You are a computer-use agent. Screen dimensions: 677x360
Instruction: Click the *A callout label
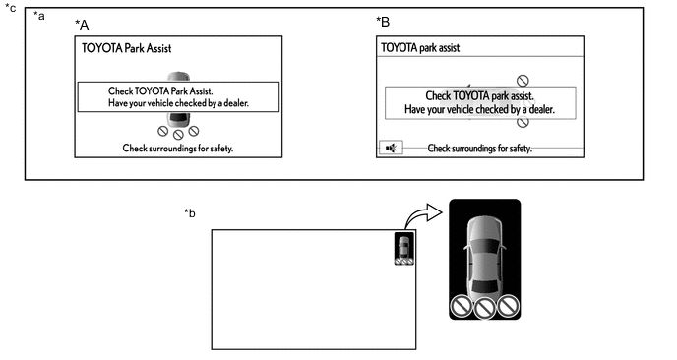tap(82, 25)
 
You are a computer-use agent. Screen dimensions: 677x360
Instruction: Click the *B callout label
tap(383, 22)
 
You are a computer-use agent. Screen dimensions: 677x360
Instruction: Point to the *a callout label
tap(38, 16)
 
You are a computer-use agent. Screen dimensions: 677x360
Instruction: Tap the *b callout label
tap(190, 213)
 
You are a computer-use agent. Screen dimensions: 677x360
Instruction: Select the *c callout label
tap(11, 8)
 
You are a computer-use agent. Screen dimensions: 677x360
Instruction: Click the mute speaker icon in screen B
tap(391, 149)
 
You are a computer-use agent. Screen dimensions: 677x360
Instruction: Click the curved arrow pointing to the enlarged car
tap(423, 215)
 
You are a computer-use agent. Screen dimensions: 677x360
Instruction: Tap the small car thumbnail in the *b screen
tap(404, 249)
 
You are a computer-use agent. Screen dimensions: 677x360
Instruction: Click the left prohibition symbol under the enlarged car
tap(462, 306)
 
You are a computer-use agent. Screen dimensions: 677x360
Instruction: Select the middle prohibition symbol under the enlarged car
tap(484, 309)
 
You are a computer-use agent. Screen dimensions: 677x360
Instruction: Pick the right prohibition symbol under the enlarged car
tap(508, 306)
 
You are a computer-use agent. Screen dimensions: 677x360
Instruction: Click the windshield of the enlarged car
tap(484, 247)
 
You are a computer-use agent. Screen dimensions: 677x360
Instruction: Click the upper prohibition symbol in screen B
tap(523, 81)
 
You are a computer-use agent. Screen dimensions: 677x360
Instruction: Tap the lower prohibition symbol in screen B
tap(523, 123)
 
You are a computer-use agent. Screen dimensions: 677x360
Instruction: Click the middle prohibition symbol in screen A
tap(178, 135)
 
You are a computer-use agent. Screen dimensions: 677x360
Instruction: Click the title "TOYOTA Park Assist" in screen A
tap(127, 48)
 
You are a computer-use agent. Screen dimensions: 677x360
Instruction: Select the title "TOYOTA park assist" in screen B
tap(420, 47)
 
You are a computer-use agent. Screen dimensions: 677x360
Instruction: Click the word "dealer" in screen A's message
tap(236, 103)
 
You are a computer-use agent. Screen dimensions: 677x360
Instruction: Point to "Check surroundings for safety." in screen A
tap(178, 149)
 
